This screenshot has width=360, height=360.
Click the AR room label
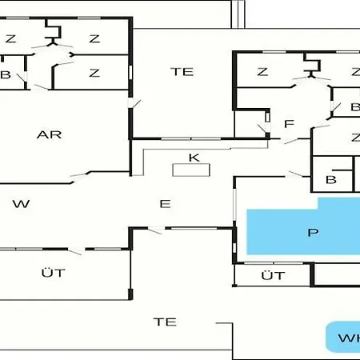(49, 134)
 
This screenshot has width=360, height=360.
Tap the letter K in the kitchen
(194, 158)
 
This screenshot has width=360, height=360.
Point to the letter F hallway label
(289, 124)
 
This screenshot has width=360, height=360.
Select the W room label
(21, 204)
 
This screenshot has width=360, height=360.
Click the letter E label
(165, 204)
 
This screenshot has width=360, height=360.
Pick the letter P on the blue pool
(313, 233)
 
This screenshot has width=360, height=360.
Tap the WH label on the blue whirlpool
(349, 338)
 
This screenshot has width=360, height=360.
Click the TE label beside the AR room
(182, 72)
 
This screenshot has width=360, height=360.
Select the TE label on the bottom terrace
(165, 322)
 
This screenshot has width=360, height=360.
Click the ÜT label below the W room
(54, 273)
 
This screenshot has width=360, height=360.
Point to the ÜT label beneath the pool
(273, 275)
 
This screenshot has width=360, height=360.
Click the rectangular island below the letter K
(191, 170)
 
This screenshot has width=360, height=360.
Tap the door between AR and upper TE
(134, 103)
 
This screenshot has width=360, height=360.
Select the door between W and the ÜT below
(76, 250)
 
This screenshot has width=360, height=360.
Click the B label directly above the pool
(331, 180)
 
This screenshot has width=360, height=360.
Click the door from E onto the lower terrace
(156, 230)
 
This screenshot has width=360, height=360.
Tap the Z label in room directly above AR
(94, 73)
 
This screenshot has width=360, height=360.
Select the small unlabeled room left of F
(250, 124)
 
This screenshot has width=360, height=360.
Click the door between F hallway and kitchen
(290, 141)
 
